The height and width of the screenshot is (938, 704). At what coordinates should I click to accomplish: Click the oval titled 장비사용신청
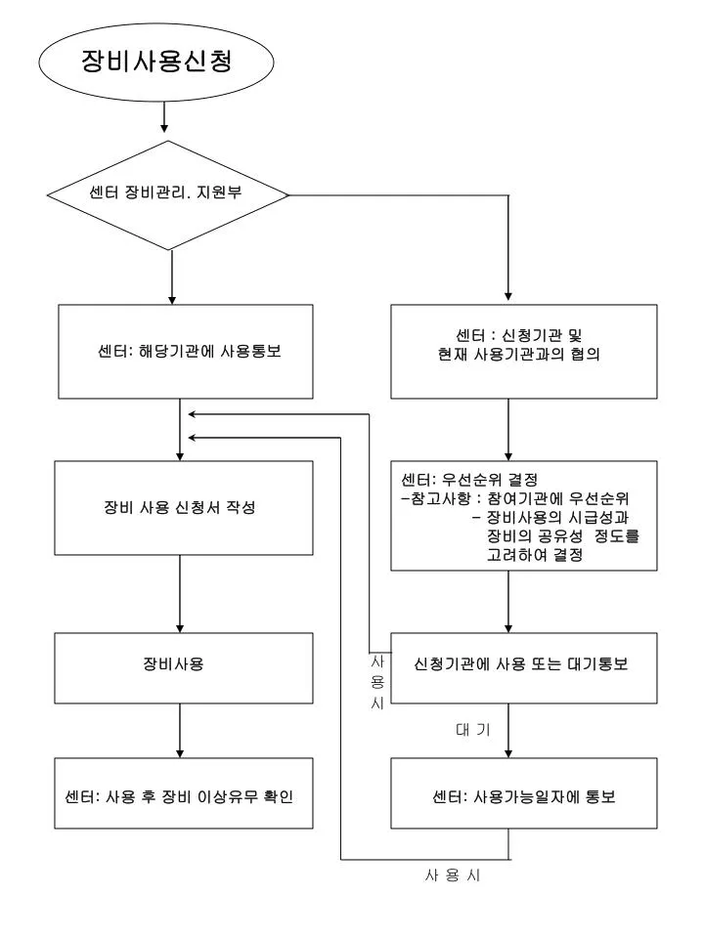[156, 62]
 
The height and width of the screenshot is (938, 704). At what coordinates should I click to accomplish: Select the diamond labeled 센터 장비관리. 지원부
[168, 195]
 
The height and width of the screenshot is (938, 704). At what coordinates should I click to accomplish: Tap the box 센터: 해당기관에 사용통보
[186, 351]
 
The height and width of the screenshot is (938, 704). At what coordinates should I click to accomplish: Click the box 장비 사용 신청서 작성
[184, 508]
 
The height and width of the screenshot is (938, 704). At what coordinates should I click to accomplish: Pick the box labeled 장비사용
[184, 667]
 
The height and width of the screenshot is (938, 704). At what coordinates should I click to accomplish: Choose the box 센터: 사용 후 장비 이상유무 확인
[184, 793]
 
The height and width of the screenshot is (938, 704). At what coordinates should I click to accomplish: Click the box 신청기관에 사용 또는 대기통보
[524, 667]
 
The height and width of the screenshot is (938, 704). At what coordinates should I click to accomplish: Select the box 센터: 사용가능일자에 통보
[524, 793]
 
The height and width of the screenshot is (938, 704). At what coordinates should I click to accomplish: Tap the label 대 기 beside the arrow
[473, 730]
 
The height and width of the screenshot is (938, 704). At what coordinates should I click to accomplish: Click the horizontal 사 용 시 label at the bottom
[453, 875]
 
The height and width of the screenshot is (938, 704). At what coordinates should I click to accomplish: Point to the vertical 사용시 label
[377, 682]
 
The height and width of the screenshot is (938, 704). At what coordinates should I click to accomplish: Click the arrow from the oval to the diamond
[164, 116]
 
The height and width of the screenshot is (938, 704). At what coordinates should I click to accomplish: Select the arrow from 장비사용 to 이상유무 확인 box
[180, 731]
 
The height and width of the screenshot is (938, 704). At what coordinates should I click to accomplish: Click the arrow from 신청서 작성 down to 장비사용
[180, 594]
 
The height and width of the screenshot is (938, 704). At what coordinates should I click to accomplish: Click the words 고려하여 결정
[535, 555]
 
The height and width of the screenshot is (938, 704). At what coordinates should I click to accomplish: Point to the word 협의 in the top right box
[585, 354]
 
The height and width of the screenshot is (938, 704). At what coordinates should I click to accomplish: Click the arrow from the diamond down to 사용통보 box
[172, 277]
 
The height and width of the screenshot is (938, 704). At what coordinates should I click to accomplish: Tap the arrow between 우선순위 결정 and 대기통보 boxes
[508, 601]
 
